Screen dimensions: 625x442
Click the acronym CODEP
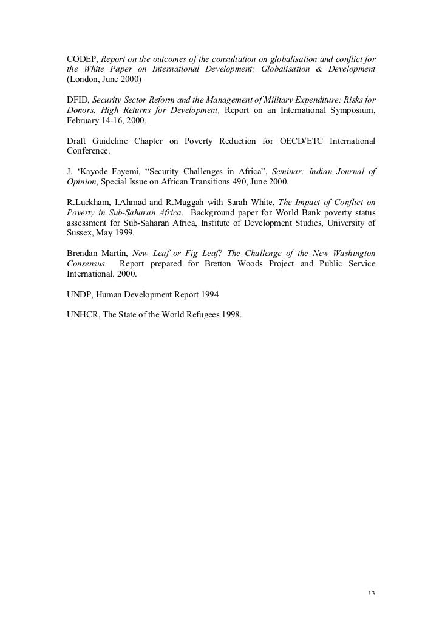pos(81,59)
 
